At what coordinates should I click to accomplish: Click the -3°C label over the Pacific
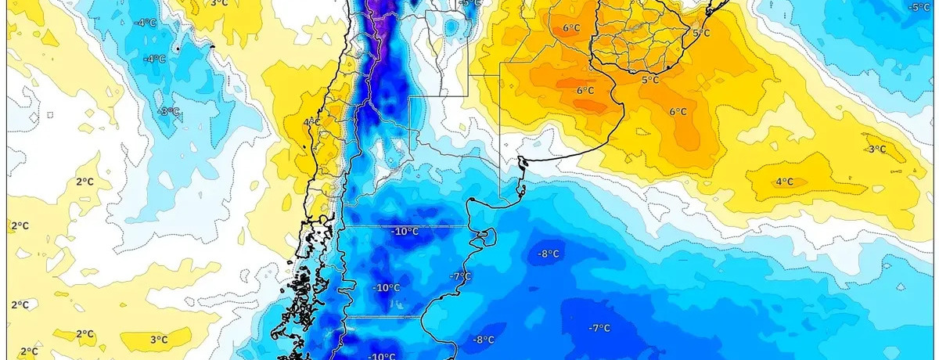click(x=169, y=111)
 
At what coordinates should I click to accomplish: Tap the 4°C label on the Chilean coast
click(x=311, y=121)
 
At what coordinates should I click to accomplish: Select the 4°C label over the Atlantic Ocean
click(x=784, y=182)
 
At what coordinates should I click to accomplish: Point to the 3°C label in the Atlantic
click(x=876, y=149)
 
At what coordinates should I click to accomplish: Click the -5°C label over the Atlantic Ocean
click(x=919, y=7)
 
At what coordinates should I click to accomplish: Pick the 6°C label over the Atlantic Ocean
click(x=678, y=111)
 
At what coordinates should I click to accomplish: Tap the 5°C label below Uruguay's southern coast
click(x=649, y=80)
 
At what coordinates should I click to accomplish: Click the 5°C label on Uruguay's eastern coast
click(x=700, y=33)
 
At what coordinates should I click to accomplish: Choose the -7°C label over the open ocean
click(x=599, y=327)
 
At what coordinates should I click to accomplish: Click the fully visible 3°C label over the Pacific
click(x=159, y=339)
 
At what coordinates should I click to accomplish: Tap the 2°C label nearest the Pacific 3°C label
click(x=85, y=334)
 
